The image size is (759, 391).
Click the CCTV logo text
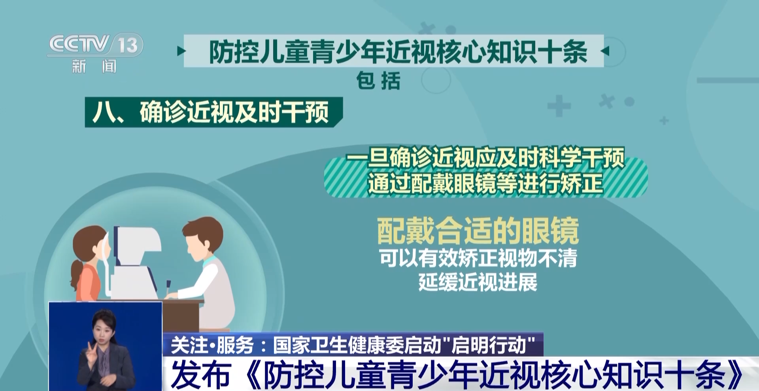(79, 44)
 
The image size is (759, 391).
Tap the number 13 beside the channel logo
(128, 45)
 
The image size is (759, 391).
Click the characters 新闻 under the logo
(94, 66)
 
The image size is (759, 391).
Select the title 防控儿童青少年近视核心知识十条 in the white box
(398, 52)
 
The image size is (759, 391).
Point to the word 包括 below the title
(378, 81)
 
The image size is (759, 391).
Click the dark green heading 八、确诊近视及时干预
(211, 112)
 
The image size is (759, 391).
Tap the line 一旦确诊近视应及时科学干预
(485, 158)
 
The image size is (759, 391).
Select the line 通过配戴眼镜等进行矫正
(485, 183)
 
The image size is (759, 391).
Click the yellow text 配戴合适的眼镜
(478, 230)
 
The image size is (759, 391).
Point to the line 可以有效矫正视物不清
(478, 258)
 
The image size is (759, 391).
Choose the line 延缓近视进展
(478, 282)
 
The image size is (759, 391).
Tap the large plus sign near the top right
(559, 106)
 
